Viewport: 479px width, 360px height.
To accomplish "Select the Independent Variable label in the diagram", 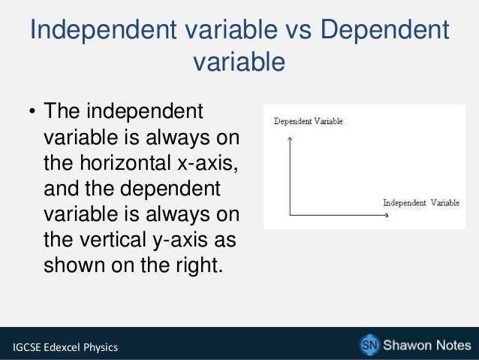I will point(421,203).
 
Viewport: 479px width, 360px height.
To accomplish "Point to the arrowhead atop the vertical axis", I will point(289,138).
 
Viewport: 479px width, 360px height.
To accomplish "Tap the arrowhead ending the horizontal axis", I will point(386,216).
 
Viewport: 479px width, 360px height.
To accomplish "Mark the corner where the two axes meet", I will point(289,216).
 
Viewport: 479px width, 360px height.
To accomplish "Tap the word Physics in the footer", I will point(104,346).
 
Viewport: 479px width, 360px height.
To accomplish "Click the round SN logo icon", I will point(369,344).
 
